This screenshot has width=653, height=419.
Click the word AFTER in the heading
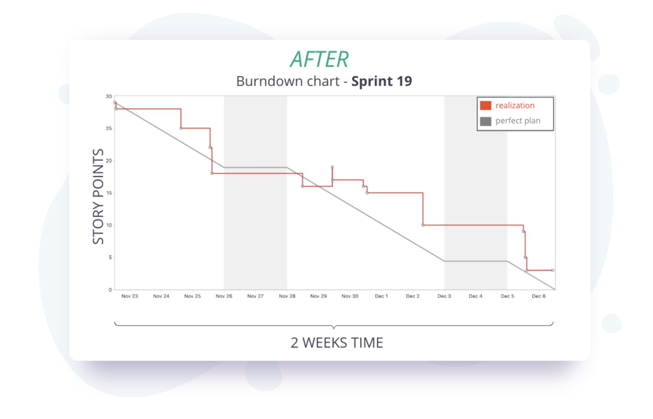[x=319, y=59]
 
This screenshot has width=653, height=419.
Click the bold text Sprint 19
[x=381, y=81]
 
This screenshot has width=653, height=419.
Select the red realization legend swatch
[x=485, y=105]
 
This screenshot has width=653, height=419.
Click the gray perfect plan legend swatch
[x=485, y=121]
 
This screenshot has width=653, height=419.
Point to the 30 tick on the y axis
[x=109, y=96]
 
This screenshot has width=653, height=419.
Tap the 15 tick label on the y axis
[x=109, y=193]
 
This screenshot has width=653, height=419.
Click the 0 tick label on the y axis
[x=110, y=290]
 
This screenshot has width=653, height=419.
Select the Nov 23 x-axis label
[x=130, y=296]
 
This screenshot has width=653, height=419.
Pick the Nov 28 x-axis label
[x=287, y=296]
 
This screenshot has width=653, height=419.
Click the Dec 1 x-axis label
[x=381, y=296]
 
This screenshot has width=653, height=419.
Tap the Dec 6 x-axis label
[x=538, y=296]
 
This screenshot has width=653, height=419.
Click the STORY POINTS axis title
[x=98, y=196]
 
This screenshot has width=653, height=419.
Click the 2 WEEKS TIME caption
[x=337, y=343]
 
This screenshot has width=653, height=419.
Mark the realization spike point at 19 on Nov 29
[x=332, y=167]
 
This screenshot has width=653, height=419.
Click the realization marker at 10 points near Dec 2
[x=423, y=225]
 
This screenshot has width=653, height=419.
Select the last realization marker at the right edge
[x=553, y=270]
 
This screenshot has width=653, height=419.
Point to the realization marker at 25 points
[x=181, y=128]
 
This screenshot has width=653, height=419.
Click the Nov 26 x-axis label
[x=224, y=296]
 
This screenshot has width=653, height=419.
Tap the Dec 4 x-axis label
[x=475, y=296]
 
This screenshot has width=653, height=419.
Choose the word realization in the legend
[x=515, y=105]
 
